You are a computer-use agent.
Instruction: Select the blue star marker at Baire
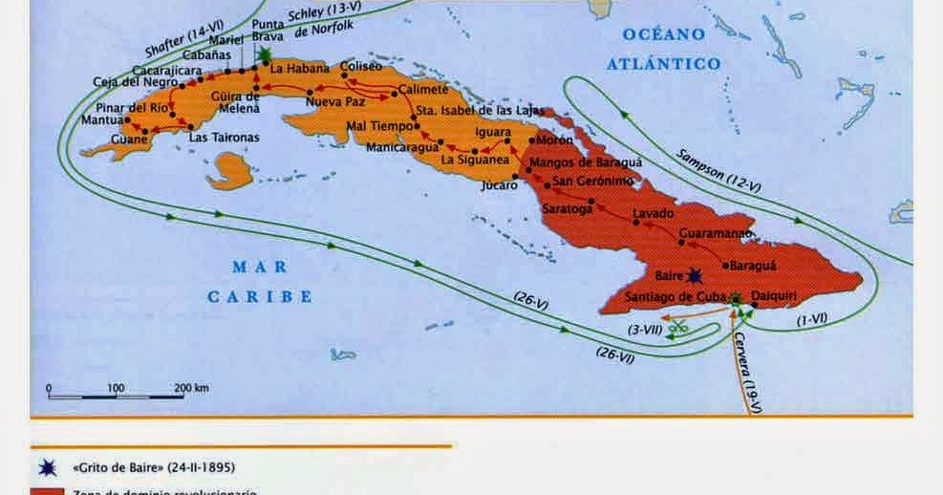tap(695, 275)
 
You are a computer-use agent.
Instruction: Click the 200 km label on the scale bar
tap(191, 388)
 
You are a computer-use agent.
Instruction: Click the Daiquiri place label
tap(775, 296)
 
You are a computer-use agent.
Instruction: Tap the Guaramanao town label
tap(716, 232)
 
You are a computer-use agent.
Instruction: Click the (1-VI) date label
tap(811, 319)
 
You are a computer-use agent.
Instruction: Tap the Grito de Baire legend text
tap(153, 467)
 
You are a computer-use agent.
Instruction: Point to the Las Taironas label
tap(224, 138)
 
